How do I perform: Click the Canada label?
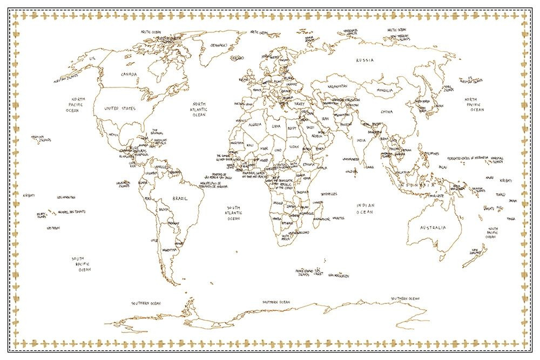click(x=129, y=74)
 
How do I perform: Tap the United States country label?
click(x=120, y=108)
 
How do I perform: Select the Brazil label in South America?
click(x=180, y=199)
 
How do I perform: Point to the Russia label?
click(x=363, y=60)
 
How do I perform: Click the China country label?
click(x=386, y=112)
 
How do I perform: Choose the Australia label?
click(x=434, y=227)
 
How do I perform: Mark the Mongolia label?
click(x=385, y=91)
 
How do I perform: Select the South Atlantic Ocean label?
click(x=233, y=213)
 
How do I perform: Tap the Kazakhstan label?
click(x=338, y=86)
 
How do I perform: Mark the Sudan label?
click(x=294, y=146)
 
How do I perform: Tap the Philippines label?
click(x=430, y=153)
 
